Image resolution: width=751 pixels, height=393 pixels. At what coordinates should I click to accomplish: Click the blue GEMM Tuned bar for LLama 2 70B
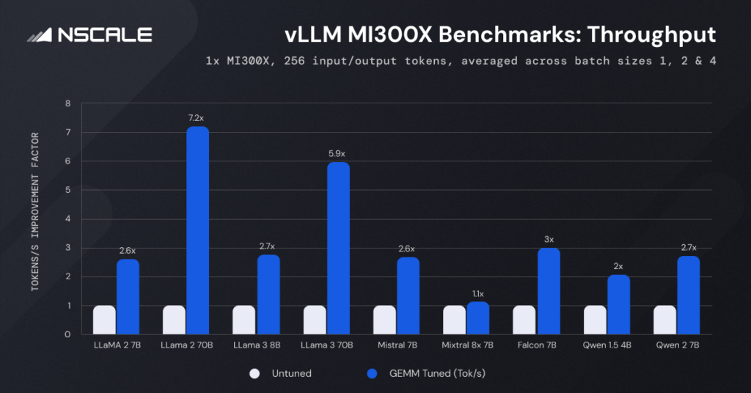(198, 230)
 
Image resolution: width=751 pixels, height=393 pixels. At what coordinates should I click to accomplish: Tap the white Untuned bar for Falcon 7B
(524, 320)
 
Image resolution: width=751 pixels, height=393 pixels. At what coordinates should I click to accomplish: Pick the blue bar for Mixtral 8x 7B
(479, 318)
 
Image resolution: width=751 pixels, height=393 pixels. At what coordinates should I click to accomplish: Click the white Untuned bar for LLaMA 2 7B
(104, 320)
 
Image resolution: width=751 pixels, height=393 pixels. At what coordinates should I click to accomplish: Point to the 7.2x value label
(198, 117)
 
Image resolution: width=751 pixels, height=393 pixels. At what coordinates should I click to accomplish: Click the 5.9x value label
(338, 153)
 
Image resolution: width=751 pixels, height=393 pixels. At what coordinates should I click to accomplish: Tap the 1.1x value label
(478, 293)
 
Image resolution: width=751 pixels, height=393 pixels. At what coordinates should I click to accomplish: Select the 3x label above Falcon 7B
(549, 239)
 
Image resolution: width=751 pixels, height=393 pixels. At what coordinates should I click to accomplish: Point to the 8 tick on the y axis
(67, 103)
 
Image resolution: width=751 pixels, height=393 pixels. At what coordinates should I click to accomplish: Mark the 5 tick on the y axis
(67, 190)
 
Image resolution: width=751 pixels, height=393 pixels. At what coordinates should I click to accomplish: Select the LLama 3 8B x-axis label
(255, 344)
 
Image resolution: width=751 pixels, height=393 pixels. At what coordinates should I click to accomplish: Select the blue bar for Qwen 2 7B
(689, 295)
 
